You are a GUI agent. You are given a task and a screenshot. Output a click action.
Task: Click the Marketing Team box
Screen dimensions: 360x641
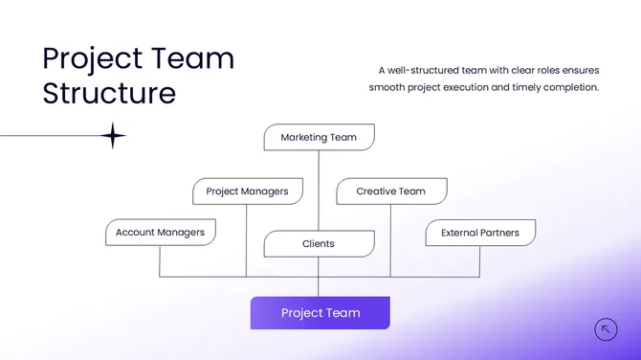319,137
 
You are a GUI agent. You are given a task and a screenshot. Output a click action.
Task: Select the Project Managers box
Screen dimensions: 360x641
247,191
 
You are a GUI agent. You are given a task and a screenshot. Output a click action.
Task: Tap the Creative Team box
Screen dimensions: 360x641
390,191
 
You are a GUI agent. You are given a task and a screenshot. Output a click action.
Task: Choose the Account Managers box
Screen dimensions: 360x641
160,233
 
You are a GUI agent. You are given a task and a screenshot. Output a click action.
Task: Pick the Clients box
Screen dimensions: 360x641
319,244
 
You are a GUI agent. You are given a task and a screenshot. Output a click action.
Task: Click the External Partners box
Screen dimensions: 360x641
480,233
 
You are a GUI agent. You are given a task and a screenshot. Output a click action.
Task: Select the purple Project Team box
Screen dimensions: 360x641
320,313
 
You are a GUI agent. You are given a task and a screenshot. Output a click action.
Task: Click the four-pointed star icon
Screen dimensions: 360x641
113,136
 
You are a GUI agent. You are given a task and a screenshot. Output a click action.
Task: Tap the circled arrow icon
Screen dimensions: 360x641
606,329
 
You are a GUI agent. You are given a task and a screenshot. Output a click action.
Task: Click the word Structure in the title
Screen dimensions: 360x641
109,93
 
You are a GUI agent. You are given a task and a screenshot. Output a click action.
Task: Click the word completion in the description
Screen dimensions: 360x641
569,87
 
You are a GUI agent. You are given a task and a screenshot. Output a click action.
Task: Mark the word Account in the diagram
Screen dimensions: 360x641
136,233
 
